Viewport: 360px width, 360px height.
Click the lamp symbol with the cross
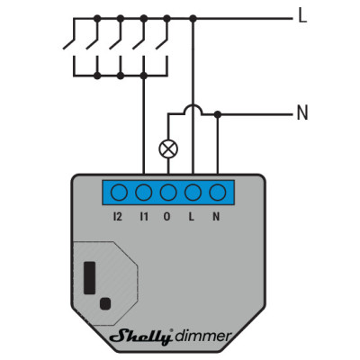click(x=168, y=149)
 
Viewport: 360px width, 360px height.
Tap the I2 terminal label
click(x=118, y=216)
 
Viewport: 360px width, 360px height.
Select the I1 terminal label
click(x=144, y=216)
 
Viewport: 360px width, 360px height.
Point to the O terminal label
click(x=166, y=216)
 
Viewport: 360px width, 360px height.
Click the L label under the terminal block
click(x=191, y=216)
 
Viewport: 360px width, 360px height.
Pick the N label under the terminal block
click(x=216, y=216)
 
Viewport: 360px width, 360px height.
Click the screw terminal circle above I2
click(x=119, y=193)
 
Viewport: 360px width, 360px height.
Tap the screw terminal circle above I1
click(x=144, y=193)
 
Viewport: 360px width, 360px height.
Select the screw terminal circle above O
click(x=168, y=193)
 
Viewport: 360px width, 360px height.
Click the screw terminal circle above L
click(x=193, y=193)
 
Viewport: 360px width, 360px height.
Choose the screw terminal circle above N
click(x=218, y=193)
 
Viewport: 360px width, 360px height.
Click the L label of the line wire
click(x=302, y=15)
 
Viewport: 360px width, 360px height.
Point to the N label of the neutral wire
click(x=302, y=112)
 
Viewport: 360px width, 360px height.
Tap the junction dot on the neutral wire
click(x=218, y=114)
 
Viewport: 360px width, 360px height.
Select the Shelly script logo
click(x=141, y=337)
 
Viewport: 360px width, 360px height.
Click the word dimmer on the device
click(x=203, y=336)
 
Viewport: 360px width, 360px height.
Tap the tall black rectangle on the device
click(x=90, y=278)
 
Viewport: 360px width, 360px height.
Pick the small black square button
click(x=105, y=303)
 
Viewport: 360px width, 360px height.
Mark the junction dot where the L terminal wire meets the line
click(x=193, y=19)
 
